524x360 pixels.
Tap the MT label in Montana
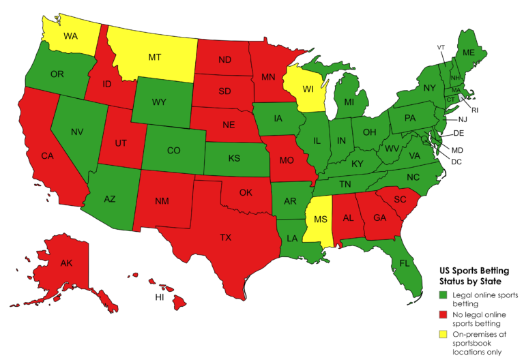pyautogui.click(x=155, y=58)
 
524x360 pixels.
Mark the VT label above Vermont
pyautogui.click(x=441, y=46)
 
